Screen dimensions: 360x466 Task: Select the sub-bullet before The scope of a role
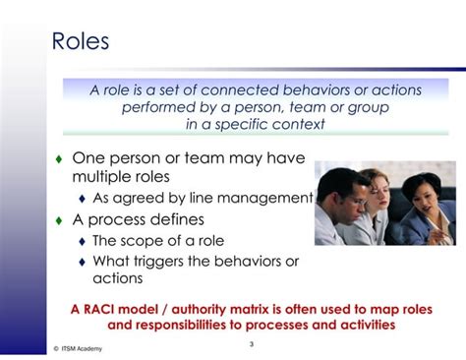click(x=83, y=241)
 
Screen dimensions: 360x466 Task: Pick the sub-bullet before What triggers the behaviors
click(x=83, y=262)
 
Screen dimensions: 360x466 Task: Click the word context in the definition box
click(x=295, y=124)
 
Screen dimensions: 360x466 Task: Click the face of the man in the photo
click(x=339, y=192)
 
